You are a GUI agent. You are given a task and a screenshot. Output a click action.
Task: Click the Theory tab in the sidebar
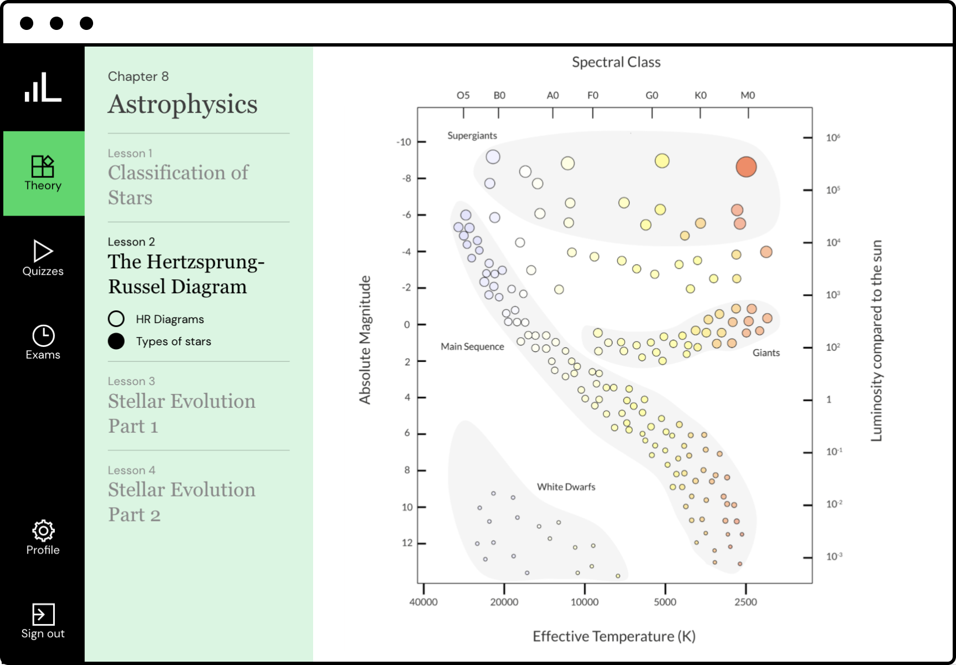point(43,173)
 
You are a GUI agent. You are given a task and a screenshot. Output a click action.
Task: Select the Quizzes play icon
point(43,251)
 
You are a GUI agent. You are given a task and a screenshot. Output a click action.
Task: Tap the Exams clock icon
point(43,335)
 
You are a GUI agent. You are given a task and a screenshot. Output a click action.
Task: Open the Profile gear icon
point(43,530)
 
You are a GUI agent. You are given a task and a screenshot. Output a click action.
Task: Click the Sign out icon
point(43,614)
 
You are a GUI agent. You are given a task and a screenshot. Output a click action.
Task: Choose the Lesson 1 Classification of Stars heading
point(178,185)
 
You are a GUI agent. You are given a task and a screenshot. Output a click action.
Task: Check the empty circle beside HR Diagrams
point(116,319)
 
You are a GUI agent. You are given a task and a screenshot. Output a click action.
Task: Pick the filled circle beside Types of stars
point(116,341)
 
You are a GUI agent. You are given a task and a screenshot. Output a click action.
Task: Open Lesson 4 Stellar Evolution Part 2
point(181,502)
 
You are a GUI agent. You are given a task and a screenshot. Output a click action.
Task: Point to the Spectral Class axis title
point(616,62)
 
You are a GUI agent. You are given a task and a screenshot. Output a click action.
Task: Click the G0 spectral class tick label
point(652,95)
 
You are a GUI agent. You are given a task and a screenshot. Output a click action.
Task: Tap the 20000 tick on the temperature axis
point(504,602)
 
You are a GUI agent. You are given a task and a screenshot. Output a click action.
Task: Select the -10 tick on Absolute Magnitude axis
point(404,142)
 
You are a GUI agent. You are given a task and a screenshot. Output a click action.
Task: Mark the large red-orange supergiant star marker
point(746,167)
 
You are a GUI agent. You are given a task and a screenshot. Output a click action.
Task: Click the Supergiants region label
point(472,136)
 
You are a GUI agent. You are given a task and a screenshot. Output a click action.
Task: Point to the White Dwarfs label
point(566,487)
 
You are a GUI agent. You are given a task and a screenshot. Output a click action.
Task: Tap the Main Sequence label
point(472,346)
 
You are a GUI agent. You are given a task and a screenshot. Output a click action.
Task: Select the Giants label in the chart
point(766,352)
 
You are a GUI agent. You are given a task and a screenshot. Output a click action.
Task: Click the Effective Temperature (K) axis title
point(614,636)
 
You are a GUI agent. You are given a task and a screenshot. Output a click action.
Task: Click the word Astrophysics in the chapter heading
point(183,104)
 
